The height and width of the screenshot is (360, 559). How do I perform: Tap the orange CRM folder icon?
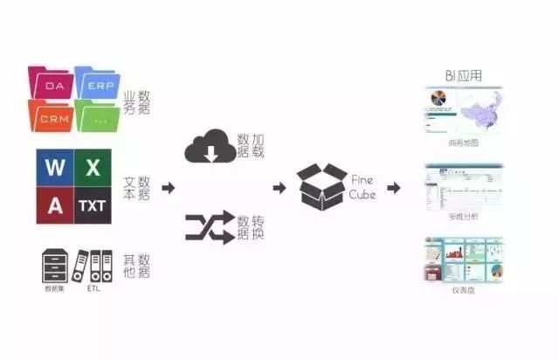point(50,115)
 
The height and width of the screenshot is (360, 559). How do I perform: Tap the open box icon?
point(321,185)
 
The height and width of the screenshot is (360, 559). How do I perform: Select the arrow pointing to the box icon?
point(279,187)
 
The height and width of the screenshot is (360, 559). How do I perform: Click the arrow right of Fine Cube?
point(394,187)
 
